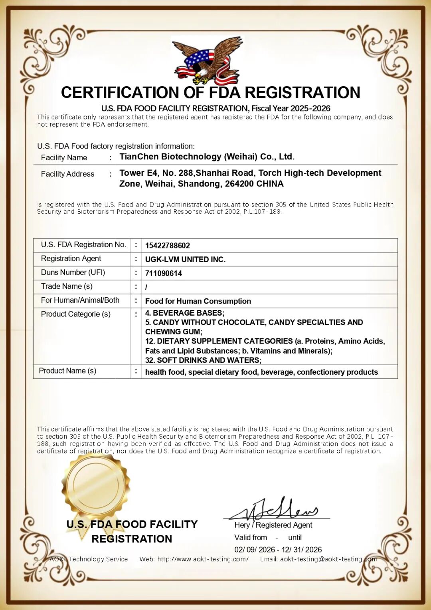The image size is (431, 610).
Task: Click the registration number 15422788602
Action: [168, 246]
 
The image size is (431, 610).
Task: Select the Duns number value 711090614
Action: [164, 274]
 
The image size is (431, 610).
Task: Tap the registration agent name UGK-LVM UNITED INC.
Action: [185, 260]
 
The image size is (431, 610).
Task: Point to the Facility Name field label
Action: [64, 158]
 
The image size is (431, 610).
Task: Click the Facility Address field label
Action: [67, 174]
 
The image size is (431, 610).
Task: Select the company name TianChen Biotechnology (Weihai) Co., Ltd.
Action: [207, 157]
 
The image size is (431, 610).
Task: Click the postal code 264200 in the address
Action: [238, 184]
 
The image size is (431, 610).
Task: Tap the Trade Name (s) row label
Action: [67, 286]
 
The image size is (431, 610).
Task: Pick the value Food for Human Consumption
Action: [198, 301]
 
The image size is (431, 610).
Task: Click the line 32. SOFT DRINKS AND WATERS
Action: [203, 360]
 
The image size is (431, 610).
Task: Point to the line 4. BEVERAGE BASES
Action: [185, 313]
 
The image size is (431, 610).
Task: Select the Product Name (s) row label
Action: [67, 371]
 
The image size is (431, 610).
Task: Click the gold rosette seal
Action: [96, 485]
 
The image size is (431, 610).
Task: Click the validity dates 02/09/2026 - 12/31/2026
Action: [278, 550]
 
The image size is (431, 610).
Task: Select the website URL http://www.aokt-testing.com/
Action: [203, 559]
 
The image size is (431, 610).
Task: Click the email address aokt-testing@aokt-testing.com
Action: [328, 559]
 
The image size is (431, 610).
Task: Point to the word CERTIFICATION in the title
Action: [120, 93]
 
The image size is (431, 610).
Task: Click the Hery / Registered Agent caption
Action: [273, 525]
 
